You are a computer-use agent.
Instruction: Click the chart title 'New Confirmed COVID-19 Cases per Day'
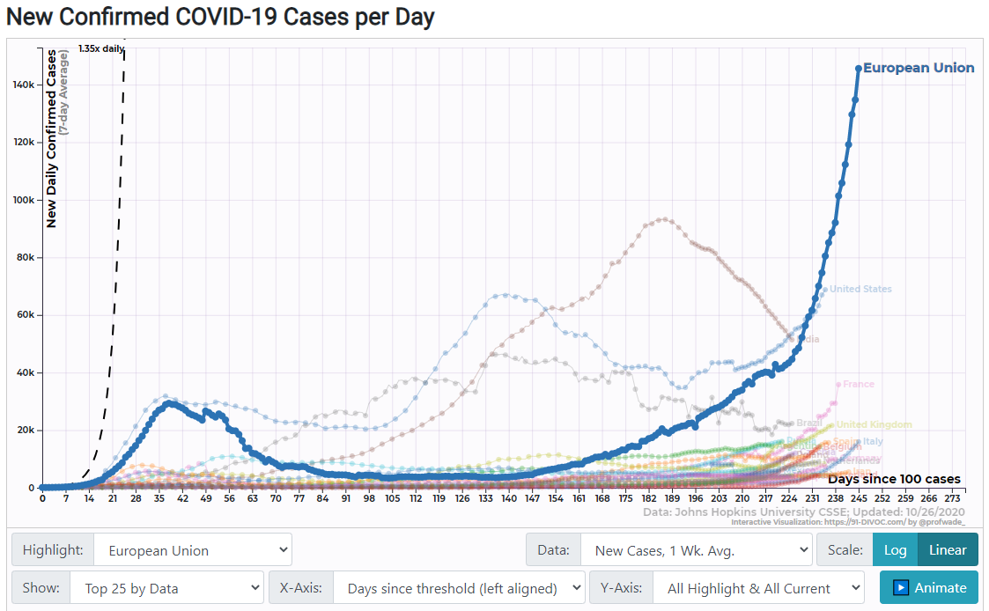(218, 18)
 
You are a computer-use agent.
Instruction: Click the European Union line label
(918, 68)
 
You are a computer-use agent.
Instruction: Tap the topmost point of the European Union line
(859, 68)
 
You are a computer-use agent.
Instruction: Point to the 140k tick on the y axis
(23, 85)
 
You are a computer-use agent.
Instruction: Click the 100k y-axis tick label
(23, 200)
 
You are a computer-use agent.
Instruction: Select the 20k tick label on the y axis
(25, 431)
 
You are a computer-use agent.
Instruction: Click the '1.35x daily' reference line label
(100, 49)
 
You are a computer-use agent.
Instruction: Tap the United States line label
(860, 289)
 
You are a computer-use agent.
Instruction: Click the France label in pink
(858, 384)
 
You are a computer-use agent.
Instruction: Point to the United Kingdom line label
(874, 424)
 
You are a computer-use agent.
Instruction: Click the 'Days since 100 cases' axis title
(894, 479)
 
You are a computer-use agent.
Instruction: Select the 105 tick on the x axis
(391, 498)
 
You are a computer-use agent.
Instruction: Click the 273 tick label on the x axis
(951, 498)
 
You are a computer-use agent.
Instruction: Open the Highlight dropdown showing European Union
(192, 550)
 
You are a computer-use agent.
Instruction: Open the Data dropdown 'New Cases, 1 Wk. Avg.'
(695, 550)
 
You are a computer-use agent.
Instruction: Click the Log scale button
(895, 550)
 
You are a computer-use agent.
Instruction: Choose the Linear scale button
(948, 550)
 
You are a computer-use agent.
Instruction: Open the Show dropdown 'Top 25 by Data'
(166, 588)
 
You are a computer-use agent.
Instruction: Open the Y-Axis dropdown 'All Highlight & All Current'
(758, 588)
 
